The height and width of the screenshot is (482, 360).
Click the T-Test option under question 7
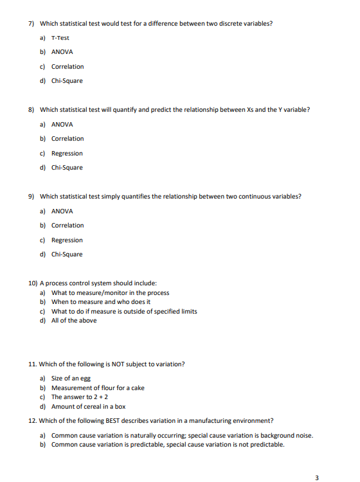coord(60,38)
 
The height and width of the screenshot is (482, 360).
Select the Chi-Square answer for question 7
coord(66,81)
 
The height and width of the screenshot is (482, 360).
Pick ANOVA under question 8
coord(62,124)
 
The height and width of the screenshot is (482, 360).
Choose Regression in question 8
coord(67,153)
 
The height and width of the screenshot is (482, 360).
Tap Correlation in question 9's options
coord(67,226)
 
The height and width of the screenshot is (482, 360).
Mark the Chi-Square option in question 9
coord(66,254)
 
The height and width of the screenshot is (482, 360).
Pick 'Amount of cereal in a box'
coord(88,406)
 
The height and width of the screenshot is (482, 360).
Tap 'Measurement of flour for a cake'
coord(98,388)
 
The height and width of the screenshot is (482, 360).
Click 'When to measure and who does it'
coord(100,301)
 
